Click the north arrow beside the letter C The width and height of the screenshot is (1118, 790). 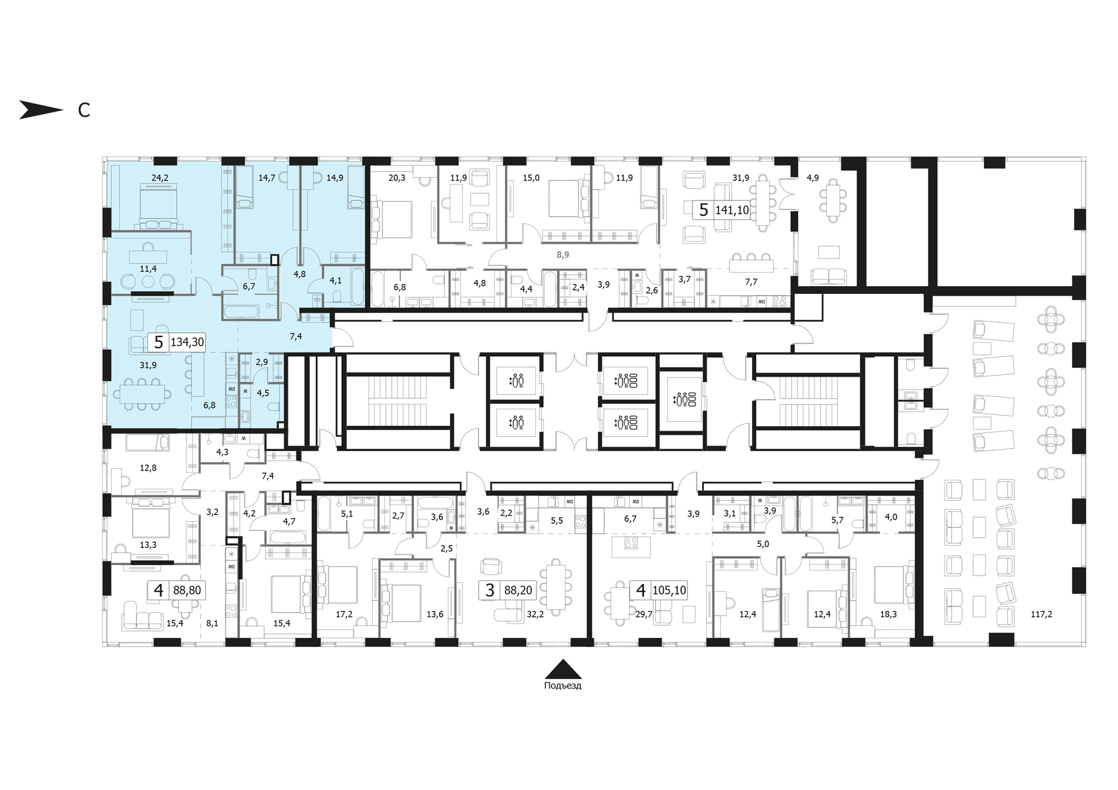click(x=41, y=110)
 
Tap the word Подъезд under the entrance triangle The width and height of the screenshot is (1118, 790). click(x=562, y=686)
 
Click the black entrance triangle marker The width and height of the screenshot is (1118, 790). click(x=563, y=669)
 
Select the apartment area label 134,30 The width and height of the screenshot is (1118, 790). click(x=187, y=342)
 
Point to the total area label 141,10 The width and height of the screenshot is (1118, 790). click(x=732, y=211)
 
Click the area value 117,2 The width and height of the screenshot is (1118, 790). click(x=1041, y=614)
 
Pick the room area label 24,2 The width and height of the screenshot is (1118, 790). click(x=160, y=178)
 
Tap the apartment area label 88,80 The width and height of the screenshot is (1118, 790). click(x=187, y=590)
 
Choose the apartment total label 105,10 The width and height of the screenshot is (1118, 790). click(x=669, y=590)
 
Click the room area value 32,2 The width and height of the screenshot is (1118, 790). click(x=535, y=614)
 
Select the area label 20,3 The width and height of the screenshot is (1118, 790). click(x=397, y=178)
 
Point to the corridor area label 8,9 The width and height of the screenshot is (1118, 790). click(x=563, y=255)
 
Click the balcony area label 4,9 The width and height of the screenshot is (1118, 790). click(x=813, y=178)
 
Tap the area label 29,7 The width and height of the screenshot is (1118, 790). click(x=644, y=614)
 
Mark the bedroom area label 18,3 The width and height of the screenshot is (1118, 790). click(x=888, y=614)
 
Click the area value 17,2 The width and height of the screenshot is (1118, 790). click(x=344, y=614)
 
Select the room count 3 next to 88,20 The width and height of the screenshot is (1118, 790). click(x=490, y=590)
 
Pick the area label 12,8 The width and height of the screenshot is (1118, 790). click(x=148, y=468)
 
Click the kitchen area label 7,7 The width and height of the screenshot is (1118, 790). click(x=751, y=282)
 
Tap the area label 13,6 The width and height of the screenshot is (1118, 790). click(x=434, y=614)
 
